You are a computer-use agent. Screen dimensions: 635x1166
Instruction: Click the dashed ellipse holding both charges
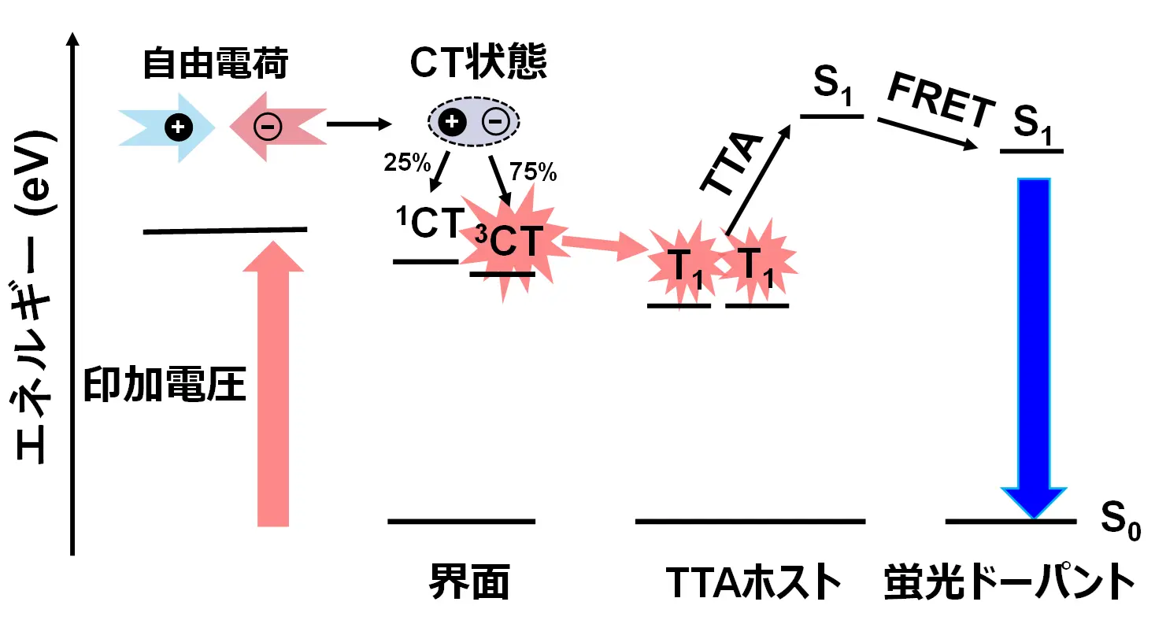[474, 122]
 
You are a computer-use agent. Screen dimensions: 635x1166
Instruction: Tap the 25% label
[407, 163]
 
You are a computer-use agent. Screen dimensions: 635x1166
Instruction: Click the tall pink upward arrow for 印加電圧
[273, 386]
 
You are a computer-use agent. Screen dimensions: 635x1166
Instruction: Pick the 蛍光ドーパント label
[1010, 583]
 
